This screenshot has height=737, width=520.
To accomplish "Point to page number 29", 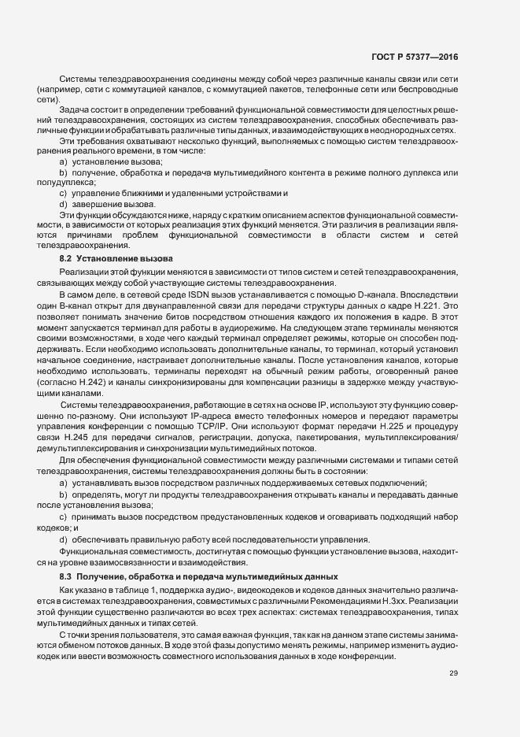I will [454, 672].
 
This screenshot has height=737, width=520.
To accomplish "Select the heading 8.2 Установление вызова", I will [111, 259].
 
